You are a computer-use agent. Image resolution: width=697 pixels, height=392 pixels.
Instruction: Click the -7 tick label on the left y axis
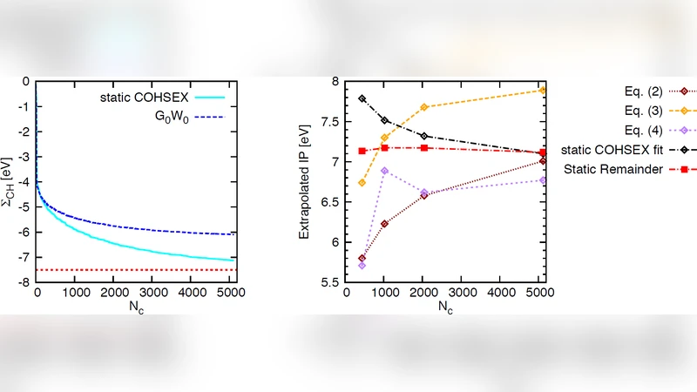click(x=24, y=257)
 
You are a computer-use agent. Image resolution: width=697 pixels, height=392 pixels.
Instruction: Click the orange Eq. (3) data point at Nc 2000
click(x=424, y=107)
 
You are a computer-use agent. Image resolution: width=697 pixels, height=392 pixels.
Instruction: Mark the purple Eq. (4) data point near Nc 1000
click(x=384, y=171)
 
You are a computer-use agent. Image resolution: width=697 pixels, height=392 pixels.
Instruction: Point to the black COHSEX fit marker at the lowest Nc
click(x=362, y=98)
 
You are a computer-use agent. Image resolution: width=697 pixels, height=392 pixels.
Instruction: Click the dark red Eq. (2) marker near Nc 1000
click(x=384, y=224)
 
